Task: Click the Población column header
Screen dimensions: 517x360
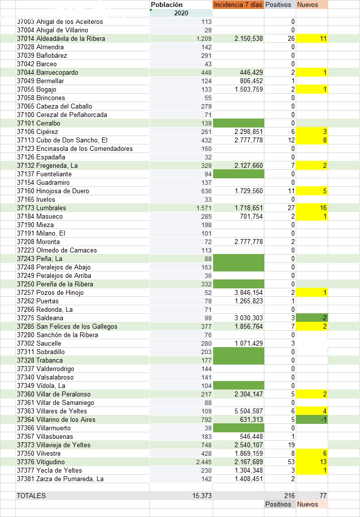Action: (166, 4)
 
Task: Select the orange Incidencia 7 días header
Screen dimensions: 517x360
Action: (238, 4)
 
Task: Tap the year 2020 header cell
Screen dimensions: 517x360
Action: (181, 13)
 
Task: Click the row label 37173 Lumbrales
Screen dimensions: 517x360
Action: (41, 208)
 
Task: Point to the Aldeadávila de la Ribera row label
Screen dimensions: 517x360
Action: (61, 38)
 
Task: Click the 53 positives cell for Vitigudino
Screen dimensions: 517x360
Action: (291, 462)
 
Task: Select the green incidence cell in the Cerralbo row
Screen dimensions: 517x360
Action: (238, 123)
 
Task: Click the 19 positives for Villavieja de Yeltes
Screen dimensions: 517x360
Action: (291, 445)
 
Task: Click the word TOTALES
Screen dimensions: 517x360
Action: (31, 496)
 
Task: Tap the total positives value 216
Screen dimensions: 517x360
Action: (289, 496)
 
